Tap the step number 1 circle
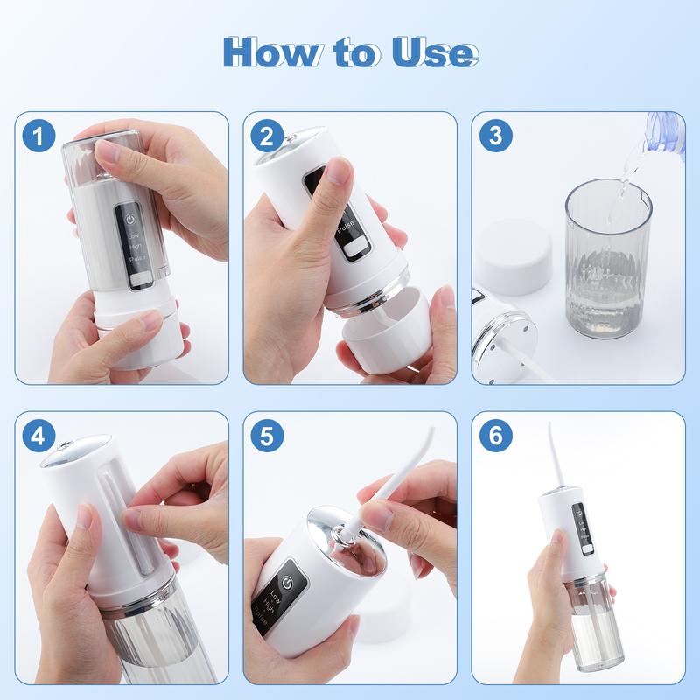point(39,136)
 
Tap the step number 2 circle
point(265,136)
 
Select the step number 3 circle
point(495,136)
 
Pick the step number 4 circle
point(39,435)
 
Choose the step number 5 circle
point(265,435)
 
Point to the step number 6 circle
point(495,435)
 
